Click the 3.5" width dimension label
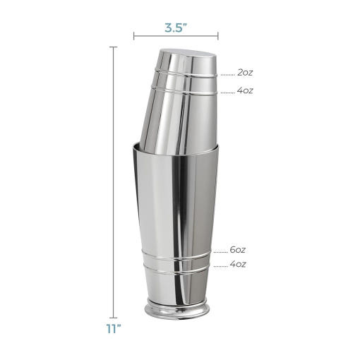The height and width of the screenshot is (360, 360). [176, 28]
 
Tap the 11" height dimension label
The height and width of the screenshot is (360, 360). [114, 328]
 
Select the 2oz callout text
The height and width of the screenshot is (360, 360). [245, 73]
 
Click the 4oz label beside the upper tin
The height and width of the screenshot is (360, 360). [245, 90]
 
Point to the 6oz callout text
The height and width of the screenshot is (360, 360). [238, 250]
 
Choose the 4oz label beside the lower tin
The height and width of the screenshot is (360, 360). [238, 264]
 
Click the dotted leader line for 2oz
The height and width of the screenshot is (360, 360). [228, 75]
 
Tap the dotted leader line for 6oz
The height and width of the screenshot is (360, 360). [221, 252]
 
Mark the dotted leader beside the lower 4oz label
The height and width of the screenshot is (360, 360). [221, 267]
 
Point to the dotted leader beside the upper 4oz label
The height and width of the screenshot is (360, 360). [228, 92]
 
